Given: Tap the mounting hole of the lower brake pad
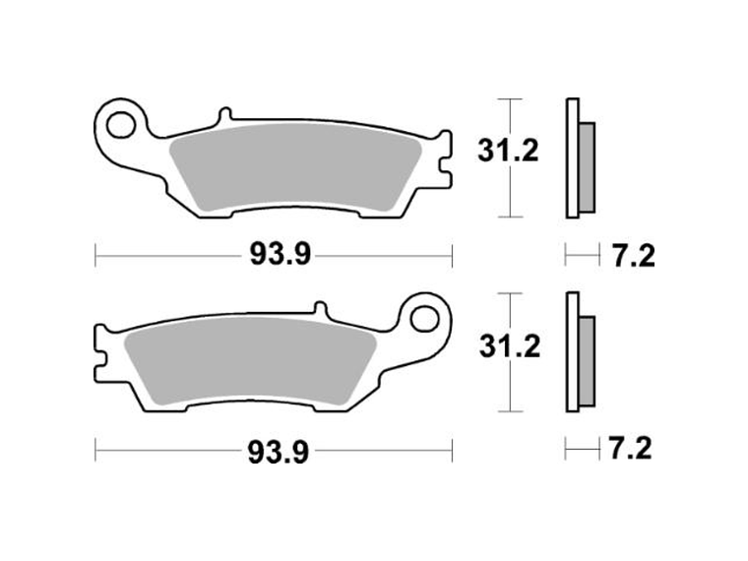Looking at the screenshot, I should point(426,318).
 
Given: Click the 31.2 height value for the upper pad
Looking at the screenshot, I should point(509,152).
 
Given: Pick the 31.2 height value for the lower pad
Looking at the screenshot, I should point(509,346).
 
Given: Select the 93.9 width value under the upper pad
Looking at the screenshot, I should point(280,256).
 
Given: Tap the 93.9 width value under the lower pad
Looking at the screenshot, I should point(280,452).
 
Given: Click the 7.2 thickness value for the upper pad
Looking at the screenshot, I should point(631,257).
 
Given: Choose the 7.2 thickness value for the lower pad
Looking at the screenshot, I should point(631,451).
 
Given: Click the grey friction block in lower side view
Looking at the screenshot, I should point(587,361).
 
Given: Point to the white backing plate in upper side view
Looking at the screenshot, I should point(571,158).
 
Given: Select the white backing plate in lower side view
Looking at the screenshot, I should point(571,353).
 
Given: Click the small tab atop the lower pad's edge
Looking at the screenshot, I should point(320,308).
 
